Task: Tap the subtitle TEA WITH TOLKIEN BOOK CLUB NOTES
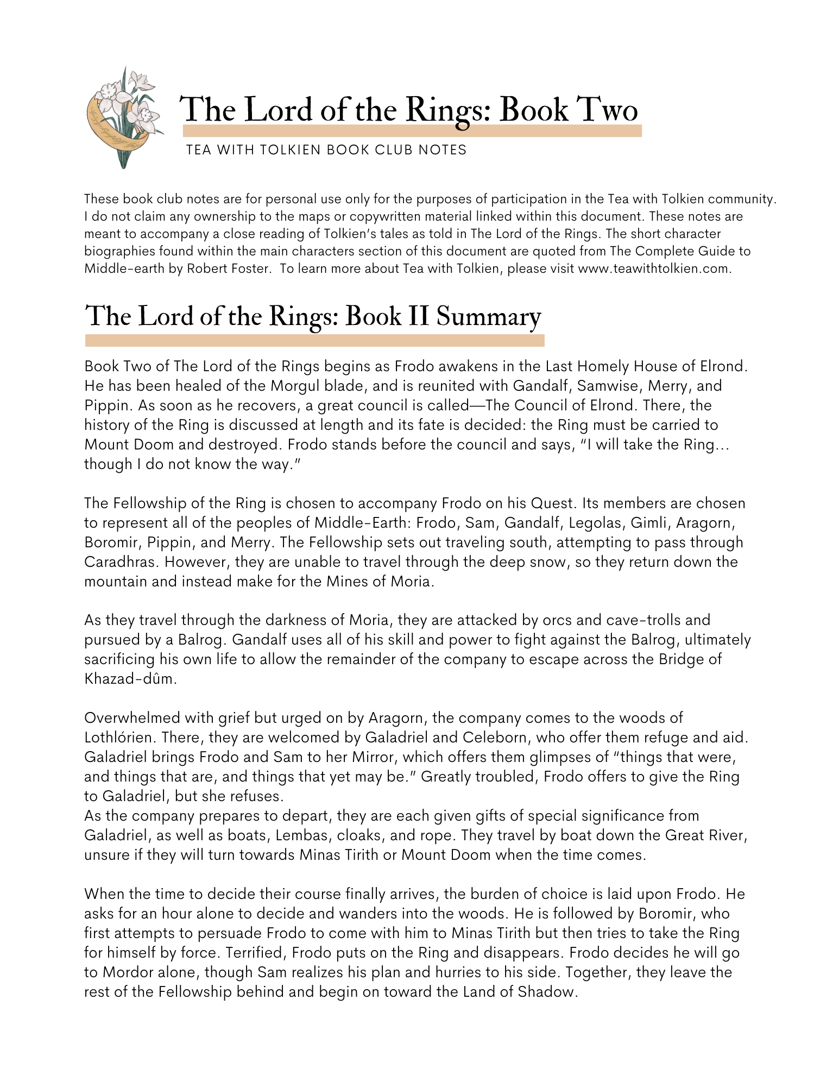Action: click(x=326, y=150)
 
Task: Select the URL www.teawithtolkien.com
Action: click(x=653, y=268)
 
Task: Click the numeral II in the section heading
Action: click(x=418, y=317)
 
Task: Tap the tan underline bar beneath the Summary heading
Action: click(x=314, y=341)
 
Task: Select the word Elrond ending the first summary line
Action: click(x=723, y=366)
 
